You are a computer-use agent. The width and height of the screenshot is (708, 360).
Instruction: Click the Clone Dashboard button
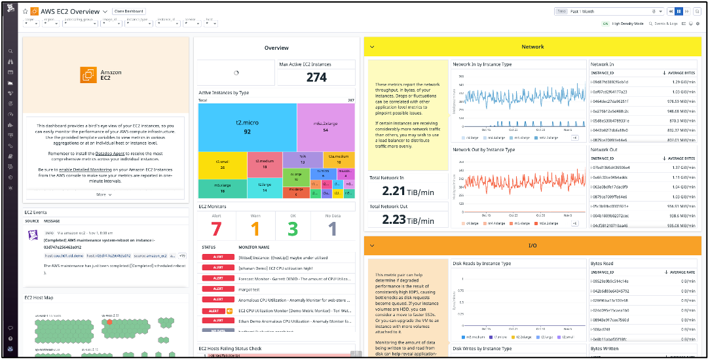click(x=129, y=12)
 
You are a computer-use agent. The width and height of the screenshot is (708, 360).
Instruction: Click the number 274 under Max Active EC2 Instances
click(x=316, y=77)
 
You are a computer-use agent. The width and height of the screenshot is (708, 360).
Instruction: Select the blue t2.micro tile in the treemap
click(x=248, y=127)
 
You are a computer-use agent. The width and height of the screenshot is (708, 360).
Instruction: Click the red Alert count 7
click(x=217, y=229)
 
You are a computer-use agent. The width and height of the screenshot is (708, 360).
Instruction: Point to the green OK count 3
click(x=293, y=229)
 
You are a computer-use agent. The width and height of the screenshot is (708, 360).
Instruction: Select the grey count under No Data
click(x=332, y=229)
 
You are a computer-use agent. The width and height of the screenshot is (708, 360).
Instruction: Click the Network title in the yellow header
click(x=532, y=46)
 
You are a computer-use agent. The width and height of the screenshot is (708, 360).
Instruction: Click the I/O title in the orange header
click(x=532, y=245)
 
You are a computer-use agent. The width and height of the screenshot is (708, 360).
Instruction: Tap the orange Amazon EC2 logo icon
click(x=88, y=75)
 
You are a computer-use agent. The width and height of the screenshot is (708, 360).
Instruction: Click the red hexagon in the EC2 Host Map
click(x=109, y=322)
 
